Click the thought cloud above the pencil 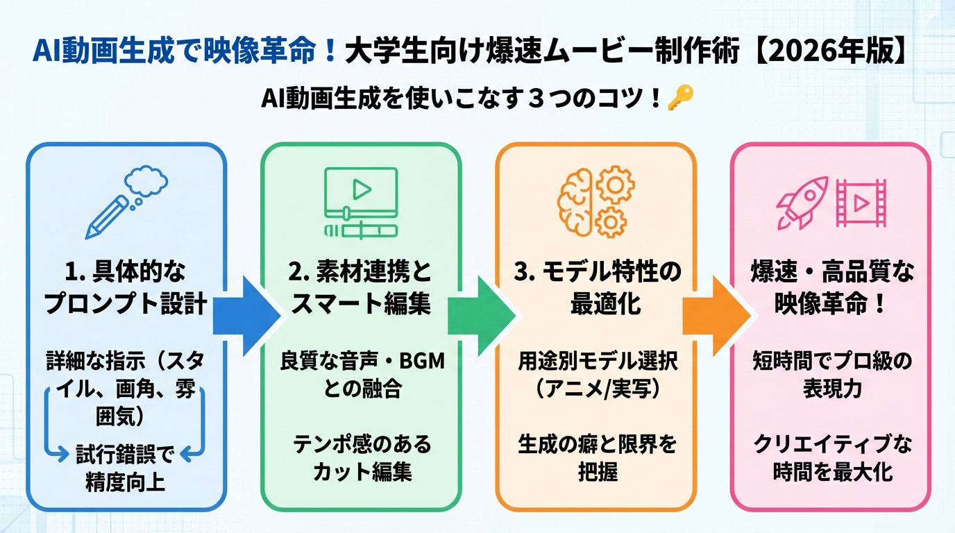[146, 181]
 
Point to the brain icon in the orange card [575, 201]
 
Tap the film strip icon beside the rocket [861, 203]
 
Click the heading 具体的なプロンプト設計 [126, 289]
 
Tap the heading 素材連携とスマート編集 [361, 289]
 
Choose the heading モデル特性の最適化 [595, 289]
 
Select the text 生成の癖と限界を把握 [596, 457]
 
